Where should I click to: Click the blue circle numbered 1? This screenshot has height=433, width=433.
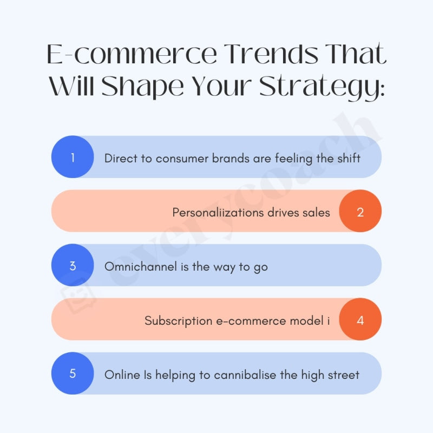point(73,158)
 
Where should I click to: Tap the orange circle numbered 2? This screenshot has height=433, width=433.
point(360,212)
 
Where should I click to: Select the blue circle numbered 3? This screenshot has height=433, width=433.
point(73,266)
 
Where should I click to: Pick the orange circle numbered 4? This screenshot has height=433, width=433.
point(360,320)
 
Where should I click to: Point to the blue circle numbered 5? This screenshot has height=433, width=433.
point(73,374)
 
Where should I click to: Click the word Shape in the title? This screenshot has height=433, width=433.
point(141,87)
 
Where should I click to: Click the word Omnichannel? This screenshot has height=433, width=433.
point(140,266)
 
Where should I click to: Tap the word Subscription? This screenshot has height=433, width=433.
point(178,321)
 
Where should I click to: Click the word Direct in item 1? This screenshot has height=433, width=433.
point(120,158)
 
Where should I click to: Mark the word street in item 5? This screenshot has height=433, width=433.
point(342,375)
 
